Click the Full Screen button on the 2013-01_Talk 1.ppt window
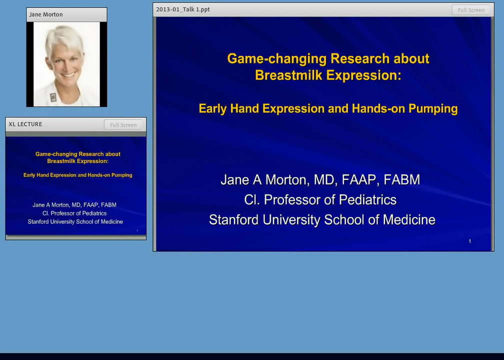(x=471, y=10)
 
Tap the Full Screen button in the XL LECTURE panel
(x=123, y=124)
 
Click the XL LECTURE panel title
(x=25, y=124)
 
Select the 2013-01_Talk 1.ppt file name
(x=183, y=9)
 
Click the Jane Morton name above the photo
(x=46, y=14)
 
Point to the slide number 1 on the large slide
(x=470, y=241)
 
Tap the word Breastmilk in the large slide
(x=288, y=75)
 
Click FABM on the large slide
(x=402, y=179)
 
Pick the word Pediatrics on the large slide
(x=367, y=200)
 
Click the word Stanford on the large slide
(x=233, y=220)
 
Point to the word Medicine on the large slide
(x=409, y=220)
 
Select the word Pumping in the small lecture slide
(x=122, y=175)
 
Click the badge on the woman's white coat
(x=53, y=97)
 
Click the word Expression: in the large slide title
(x=364, y=75)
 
